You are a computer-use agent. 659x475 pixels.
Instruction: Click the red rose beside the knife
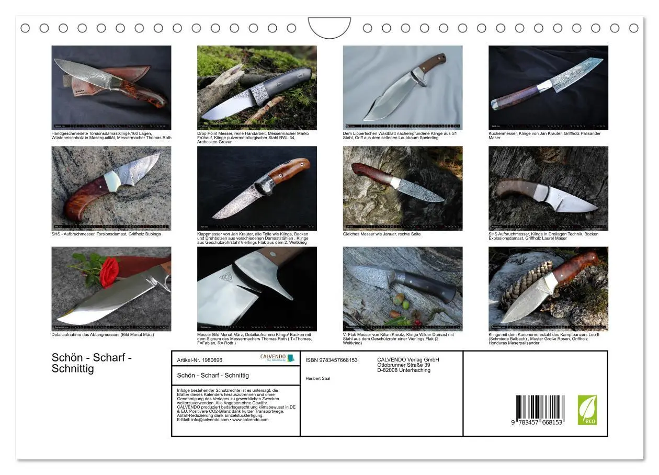(109, 272)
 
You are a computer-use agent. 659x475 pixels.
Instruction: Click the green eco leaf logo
(587, 410)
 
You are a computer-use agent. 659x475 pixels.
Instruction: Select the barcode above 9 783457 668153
(540, 405)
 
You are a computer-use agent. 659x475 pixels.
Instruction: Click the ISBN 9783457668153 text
(332, 360)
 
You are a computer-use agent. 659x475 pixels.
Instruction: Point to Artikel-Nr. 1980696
(200, 360)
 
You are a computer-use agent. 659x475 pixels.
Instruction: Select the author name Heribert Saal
(318, 378)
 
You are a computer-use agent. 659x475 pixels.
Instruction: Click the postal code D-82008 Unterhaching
(404, 370)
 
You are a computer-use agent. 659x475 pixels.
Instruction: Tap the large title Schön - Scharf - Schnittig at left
(92, 363)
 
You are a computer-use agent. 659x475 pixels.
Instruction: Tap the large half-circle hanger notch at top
(329, 27)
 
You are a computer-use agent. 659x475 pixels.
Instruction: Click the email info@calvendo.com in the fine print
(200, 420)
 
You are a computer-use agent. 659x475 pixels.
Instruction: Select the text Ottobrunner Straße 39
(404, 365)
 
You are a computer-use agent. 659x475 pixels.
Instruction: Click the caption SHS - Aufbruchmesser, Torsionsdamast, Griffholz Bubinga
(106, 234)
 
